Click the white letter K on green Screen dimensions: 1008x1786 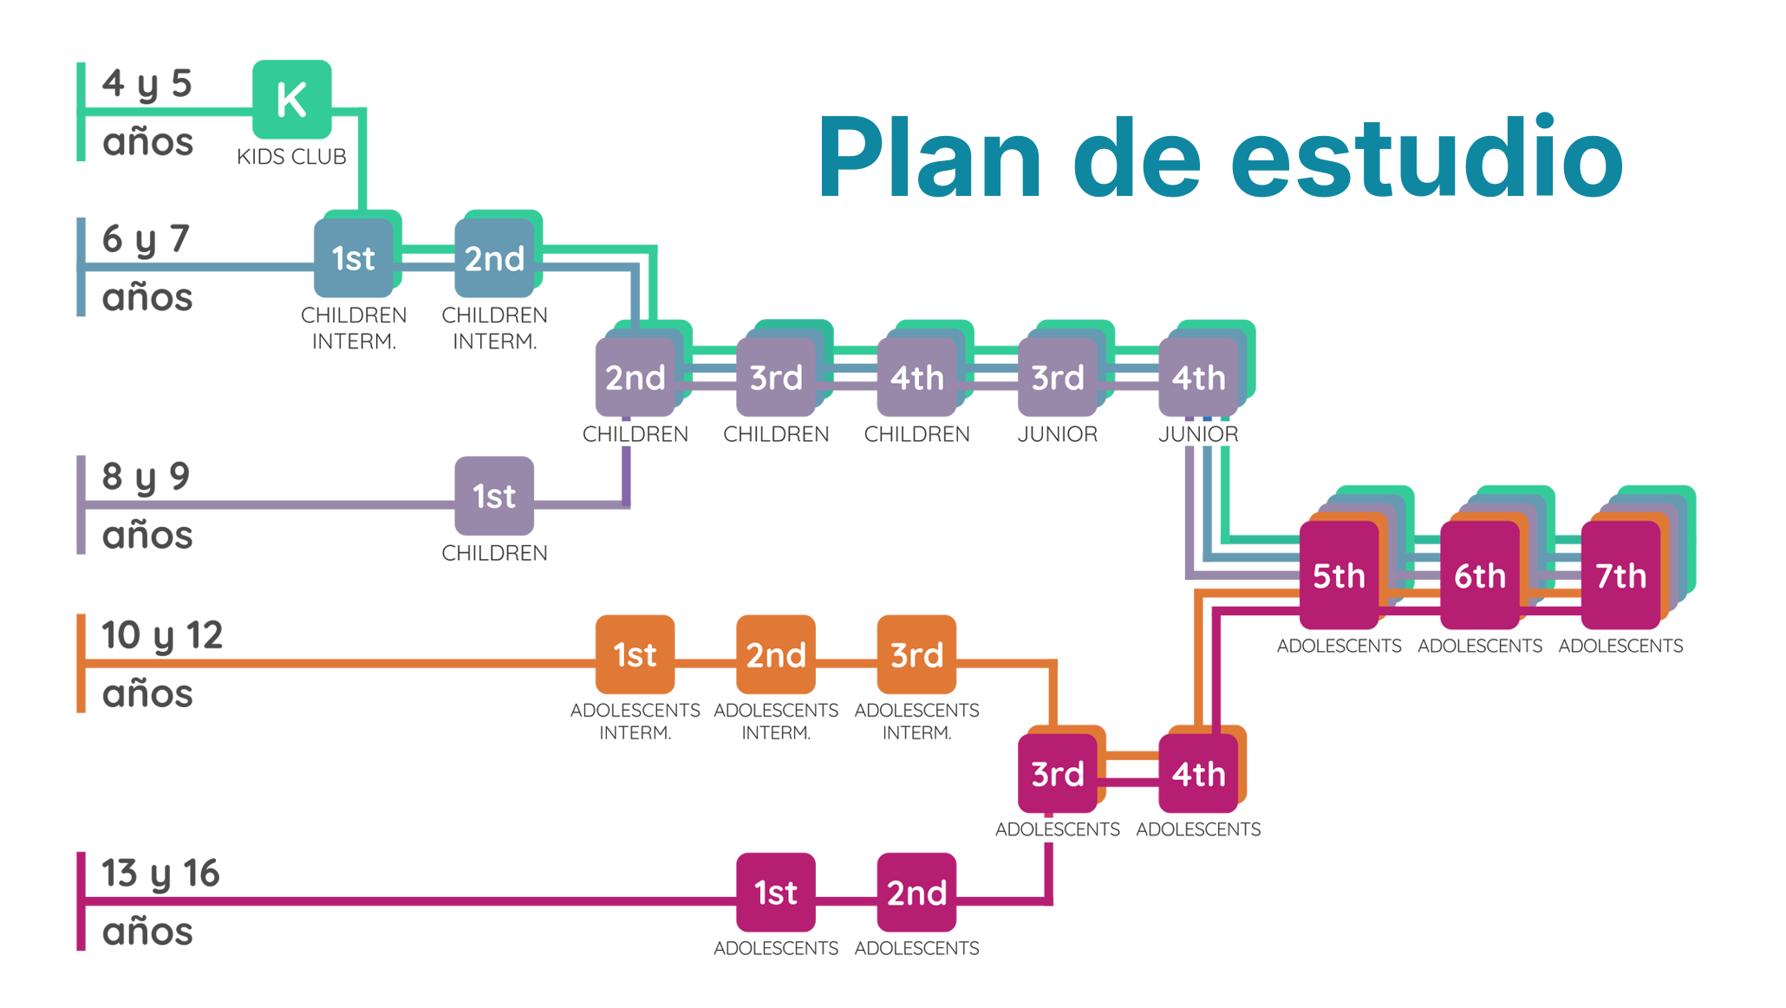(x=291, y=101)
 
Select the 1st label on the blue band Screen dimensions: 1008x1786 (x=353, y=258)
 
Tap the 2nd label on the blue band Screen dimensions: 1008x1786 (x=494, y=258)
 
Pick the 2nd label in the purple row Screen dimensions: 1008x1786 (x=635, y=378)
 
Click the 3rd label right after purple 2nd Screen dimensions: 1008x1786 (x=776, y=378)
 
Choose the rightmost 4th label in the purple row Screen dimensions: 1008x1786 (x=1198, y=378)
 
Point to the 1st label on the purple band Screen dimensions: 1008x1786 (x=493, y=497)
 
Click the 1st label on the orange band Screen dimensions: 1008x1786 (x=635, y=655)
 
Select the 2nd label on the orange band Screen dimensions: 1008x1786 (x=776, y=655)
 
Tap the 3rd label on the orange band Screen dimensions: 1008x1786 (x=916, y=655)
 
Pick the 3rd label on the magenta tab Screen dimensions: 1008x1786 (x=1058, y=774)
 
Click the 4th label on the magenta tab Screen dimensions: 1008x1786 (x=1198, y=774)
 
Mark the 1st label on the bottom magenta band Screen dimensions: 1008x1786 (x=775, y=893)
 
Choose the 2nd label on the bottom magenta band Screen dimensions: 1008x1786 (x=916, y=893)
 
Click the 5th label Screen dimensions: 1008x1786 (x=1339, y=576)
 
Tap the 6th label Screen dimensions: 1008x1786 (x=1480, y=576)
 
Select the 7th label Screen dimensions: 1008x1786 (x=1620, y=576)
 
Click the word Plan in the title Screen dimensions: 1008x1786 (x=929, y=156)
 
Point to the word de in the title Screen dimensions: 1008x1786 (x=1137, y=156)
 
